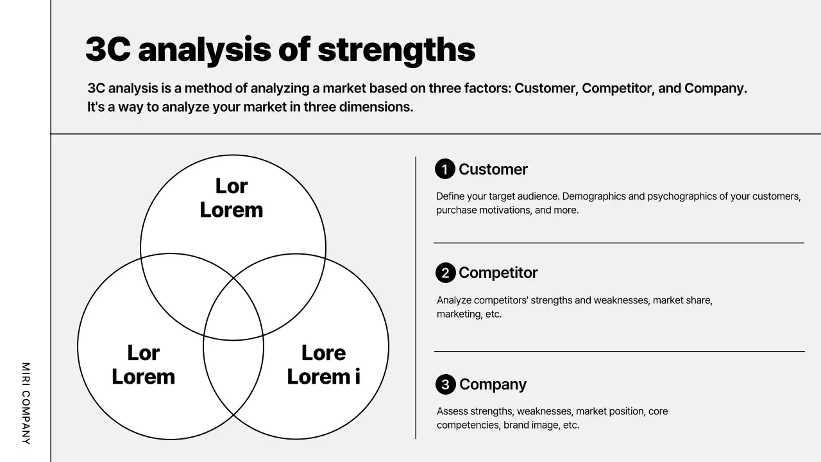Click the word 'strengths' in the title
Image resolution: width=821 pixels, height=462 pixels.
tap(396, 50)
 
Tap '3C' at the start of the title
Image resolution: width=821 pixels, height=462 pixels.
tap(108, 50)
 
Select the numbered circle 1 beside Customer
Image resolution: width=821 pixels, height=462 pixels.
tap(444, 169)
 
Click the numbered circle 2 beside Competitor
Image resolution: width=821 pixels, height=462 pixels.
tap(445, 273)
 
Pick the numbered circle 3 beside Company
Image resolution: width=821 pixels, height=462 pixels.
tap(445, 384)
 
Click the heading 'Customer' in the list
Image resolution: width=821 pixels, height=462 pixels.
tap(493, 169)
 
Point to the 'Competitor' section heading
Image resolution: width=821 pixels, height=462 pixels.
tap(498, 273)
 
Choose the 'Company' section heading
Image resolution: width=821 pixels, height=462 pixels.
tap(493, 384)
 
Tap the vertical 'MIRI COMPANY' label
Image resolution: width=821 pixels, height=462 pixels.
tap(26, 403)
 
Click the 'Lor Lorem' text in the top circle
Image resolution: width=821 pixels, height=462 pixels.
tap(232, 198)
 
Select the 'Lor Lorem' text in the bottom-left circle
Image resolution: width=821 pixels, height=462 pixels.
tap(143, 364)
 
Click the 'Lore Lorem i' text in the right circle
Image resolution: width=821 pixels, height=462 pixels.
tap(323, 364)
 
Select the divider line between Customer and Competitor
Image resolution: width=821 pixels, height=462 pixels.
tap(618, 243)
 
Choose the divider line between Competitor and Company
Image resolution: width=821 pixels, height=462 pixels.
tap(618, 351)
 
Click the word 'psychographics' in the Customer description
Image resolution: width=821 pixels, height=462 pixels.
tap(680, 196)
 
